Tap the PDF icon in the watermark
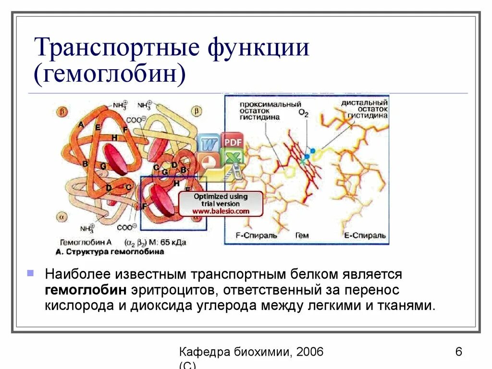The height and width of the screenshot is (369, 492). click(232, 142)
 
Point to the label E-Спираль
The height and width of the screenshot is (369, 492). click(365, 236)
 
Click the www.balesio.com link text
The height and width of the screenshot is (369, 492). click(221, 211)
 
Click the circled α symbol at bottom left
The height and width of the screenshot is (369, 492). click(63, 215)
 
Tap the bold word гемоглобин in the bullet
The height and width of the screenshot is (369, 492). click(86, 290)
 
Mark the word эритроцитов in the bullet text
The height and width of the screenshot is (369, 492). click(169, 290)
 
